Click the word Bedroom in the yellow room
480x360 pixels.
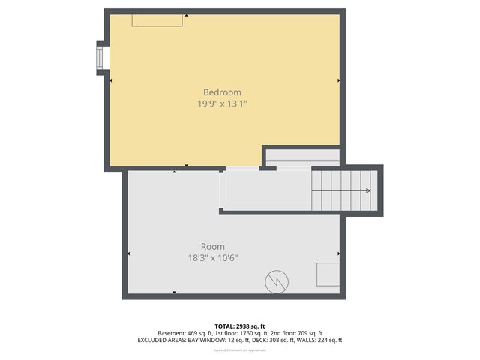coord(222,92)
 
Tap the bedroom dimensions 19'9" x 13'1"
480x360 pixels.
coord(222,104)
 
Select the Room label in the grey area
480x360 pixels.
coord(212,247)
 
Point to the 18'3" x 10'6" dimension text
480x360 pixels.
coord(213,258)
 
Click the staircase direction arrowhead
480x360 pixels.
coord(367,190)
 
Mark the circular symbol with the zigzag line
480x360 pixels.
coord(275,281)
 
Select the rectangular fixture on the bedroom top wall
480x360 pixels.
coord(157,20)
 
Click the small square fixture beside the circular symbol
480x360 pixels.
coord(327,274)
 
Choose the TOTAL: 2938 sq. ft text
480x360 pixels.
coord(240,326)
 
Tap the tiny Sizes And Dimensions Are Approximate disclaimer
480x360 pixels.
coord(240,349)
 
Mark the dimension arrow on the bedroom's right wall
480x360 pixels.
coord(339,79)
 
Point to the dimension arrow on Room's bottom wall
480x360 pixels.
coord(175,292)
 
